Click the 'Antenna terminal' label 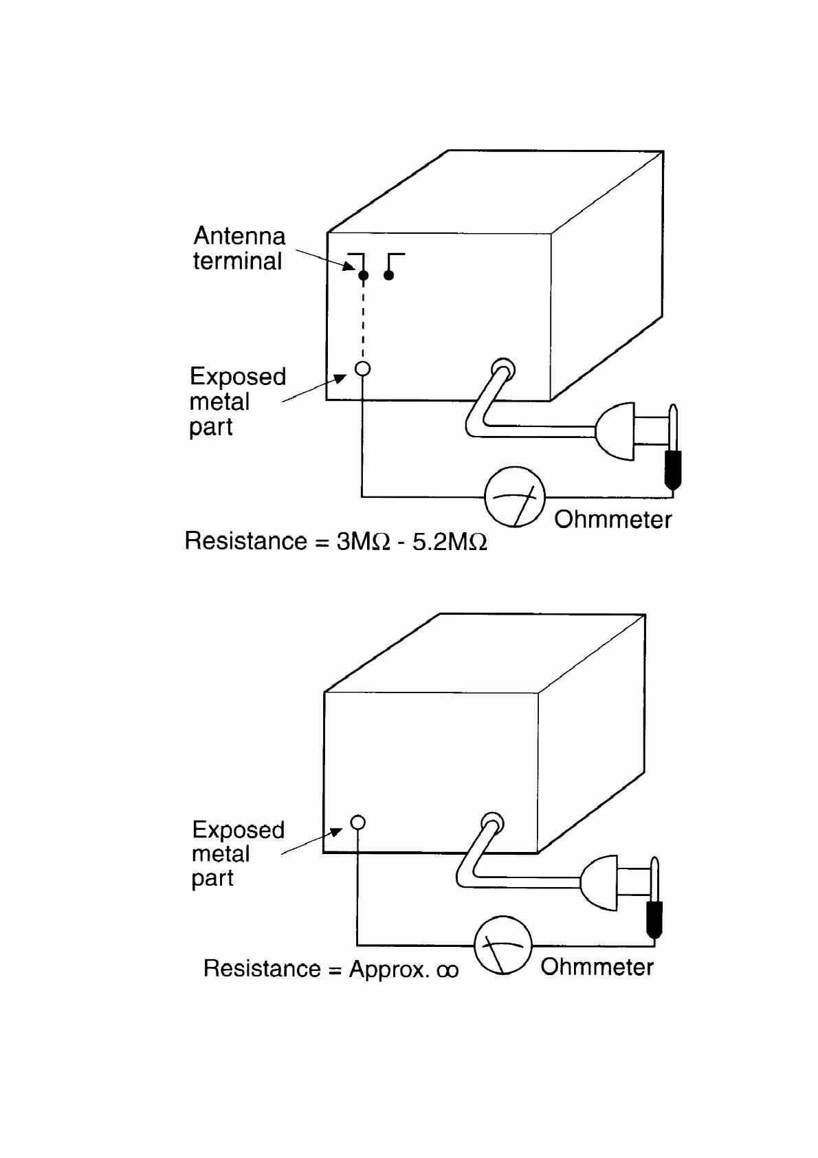click(238, 248)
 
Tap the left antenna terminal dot click(364, 276)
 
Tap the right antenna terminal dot click(389, 276)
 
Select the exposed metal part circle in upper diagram click(362, 369)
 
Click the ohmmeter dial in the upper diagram click(515, 496)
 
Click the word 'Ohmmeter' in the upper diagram click(612, 519)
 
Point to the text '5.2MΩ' click(450, 542)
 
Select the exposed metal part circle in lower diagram click(357, 822)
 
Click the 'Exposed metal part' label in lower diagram click(237, 853)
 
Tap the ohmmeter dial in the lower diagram click(503, 945)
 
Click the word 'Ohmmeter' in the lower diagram click(597, 967)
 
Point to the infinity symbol click(447, 970)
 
